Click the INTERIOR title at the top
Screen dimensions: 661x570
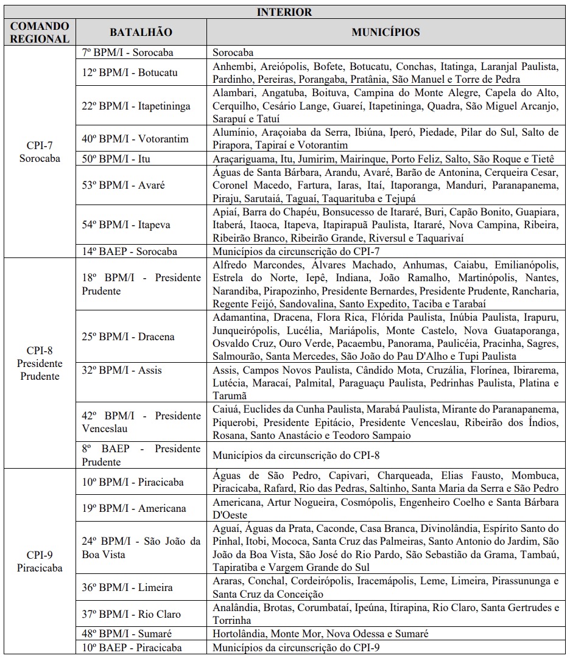(284, 12)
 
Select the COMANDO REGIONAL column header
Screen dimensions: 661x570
(40, 32)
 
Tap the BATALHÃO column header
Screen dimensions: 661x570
(141, 32)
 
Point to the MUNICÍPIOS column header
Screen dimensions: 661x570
(385, 32)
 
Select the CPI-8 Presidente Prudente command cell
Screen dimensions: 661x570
(40, 363)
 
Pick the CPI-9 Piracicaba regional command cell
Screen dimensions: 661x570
(40, 561)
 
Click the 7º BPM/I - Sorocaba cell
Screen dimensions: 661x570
(127, 53)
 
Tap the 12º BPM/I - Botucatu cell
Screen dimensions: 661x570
(130, 72)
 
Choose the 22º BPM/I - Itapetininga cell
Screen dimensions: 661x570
(136, 106)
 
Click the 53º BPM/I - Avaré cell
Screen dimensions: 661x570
(124, 185)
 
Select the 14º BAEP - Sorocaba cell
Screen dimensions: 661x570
(129, 251)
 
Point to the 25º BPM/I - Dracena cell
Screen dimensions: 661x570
(128, 337)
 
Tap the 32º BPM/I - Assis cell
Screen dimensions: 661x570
(122, 370)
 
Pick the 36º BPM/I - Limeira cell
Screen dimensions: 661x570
(127, 587)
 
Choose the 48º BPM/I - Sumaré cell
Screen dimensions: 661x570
(127, 634)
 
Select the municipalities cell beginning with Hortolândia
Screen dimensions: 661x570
(320, 634)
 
